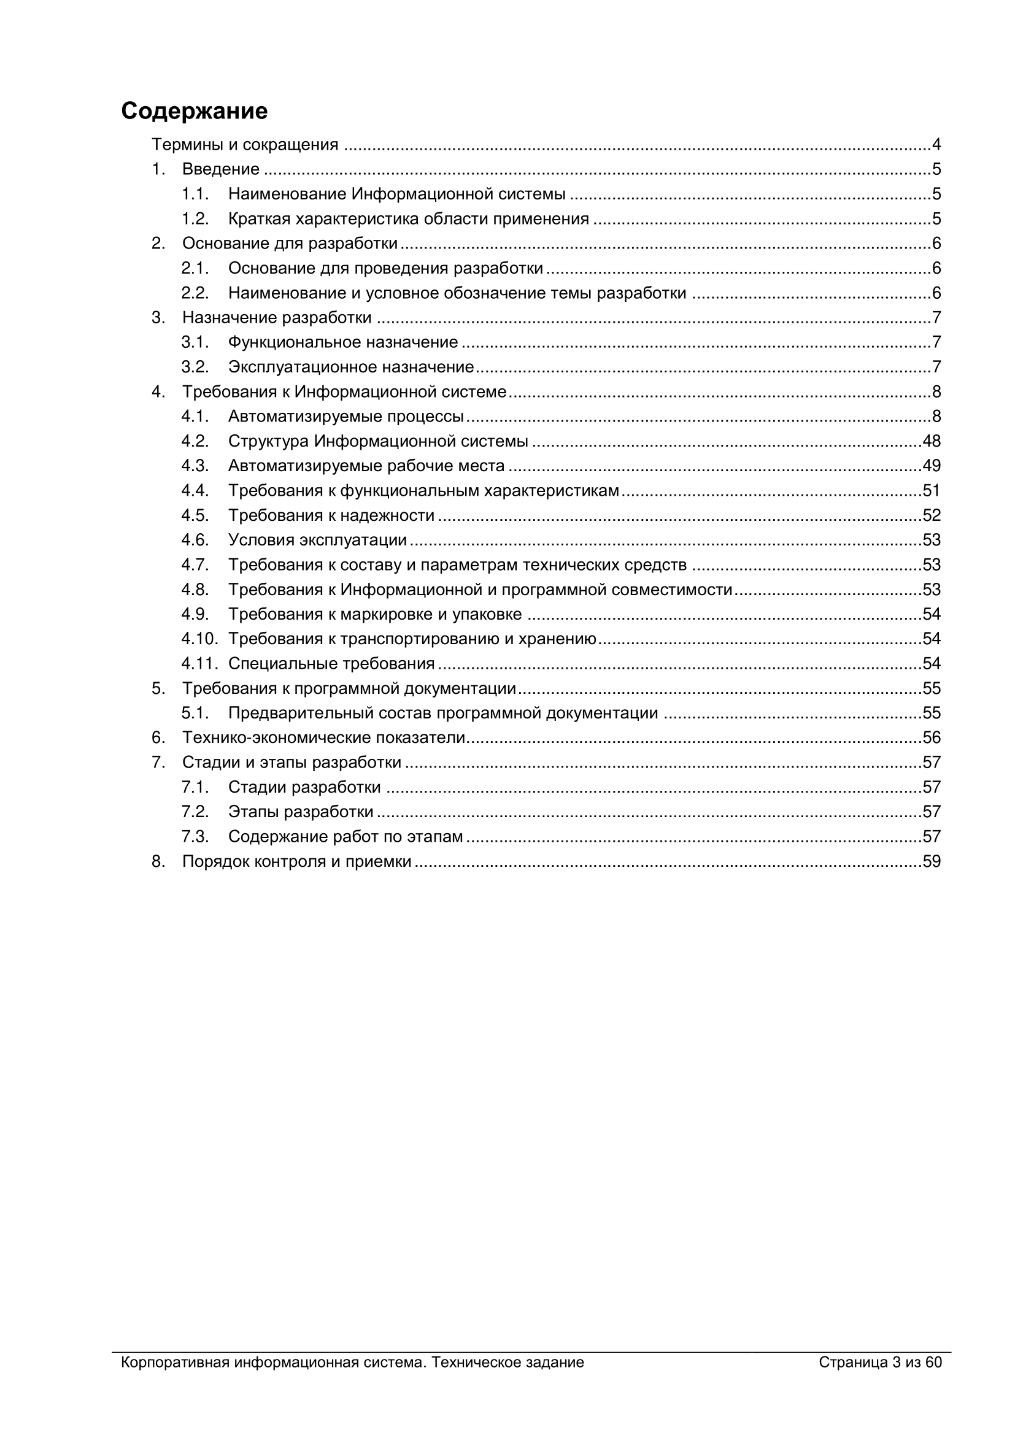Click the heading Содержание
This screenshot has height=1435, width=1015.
(x=195, y=111)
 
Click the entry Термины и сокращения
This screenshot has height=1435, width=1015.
(x=245, y=145)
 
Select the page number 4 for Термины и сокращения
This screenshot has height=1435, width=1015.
(x=936, y=145)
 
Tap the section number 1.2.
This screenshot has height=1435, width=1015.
(x=195, y=220)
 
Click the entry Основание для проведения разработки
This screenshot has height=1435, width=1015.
(x=385, y=269)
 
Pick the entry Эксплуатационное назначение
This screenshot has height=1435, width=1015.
(x=350, y=367)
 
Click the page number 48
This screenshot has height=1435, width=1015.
(x=932, y=441)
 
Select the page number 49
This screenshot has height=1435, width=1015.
(x=932, y=466)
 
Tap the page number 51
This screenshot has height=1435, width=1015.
(x=932, y=491)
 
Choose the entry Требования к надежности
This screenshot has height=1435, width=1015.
(x=331, y=515)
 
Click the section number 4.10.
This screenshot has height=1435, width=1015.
(x=199, y=639)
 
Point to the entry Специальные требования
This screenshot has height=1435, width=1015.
(x=331, y=664)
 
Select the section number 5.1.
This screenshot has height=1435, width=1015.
(x=195, y=713)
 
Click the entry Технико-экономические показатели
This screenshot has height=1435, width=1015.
(x=324, y=738)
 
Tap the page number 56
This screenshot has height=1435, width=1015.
(x=932, y=738)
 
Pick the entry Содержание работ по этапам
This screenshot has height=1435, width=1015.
(x=345, y=837)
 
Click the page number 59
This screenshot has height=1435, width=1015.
(x=932, y=862)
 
